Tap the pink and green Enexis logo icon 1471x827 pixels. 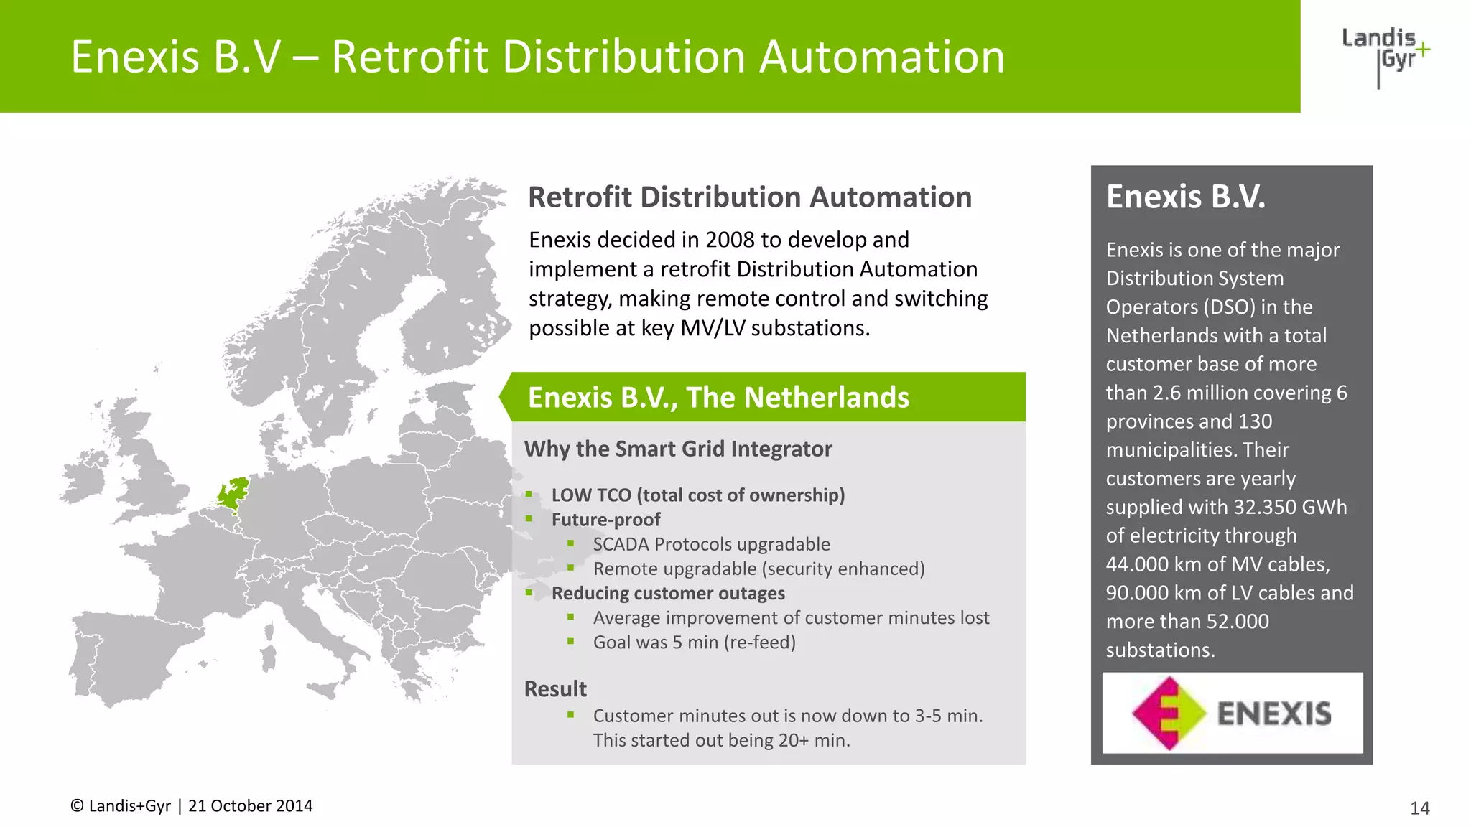[1169, 713]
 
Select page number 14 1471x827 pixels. [1419, 808]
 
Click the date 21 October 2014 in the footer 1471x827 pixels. [250, 806]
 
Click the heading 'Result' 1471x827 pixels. [555, 689]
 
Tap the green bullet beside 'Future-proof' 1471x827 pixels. [529, 518]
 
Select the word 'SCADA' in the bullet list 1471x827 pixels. [621, 544]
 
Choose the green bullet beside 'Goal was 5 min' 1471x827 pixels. [571, 641]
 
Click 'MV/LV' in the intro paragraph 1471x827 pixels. [713, 328]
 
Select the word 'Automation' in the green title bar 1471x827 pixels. [882, 57]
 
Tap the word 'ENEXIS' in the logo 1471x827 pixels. [1274, 714]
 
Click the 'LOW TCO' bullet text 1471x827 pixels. [591, 495]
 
